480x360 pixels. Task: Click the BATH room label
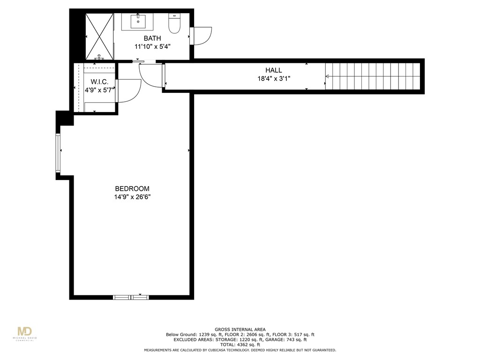point(152,38)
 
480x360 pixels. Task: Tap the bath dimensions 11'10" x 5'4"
point(152,46)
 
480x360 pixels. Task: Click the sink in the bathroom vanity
point(138,22)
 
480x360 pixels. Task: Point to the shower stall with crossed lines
point(99,36)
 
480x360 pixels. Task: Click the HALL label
point(274,70)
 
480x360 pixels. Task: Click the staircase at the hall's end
point(373,76)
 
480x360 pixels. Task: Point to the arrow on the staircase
point(329,76)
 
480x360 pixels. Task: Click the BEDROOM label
point(132,189)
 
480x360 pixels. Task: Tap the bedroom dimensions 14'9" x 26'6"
point(132,197)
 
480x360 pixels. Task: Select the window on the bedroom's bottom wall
point(131,297)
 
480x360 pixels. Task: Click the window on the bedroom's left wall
point(58,153)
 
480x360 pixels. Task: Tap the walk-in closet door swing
point(129,90)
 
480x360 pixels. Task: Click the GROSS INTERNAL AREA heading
point(240,330)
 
